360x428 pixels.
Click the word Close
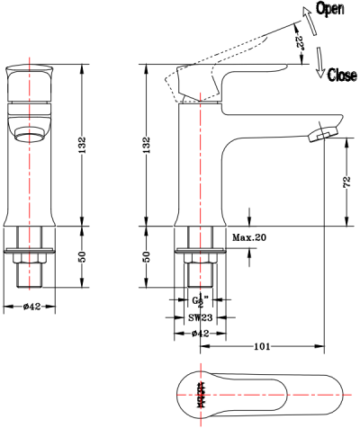click(x=341, y=76)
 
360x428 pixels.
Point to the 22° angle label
click(x=298, y=40)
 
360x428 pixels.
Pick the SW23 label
click(x=200, y=317)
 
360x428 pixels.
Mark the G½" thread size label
click(x=199, y=301)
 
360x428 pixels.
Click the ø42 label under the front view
click(x=32, y=306)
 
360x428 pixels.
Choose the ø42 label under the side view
click(x=201, y=333)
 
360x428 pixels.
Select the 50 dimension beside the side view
click(x=147, y=257)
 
